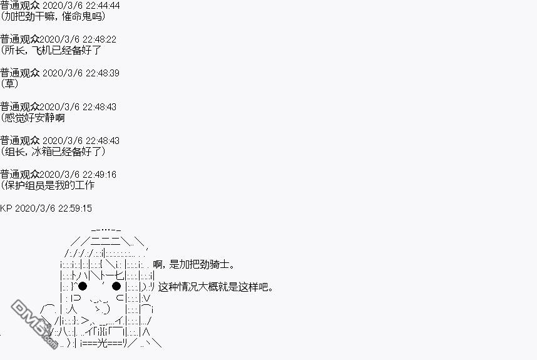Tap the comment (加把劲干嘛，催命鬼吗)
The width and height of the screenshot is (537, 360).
pyautogui.click(x=53, y=16)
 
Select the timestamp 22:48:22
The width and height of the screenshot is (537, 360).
pyautogui.click(x=100, y=39)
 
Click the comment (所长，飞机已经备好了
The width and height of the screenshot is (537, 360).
pyautogui.click(x=51, y=50)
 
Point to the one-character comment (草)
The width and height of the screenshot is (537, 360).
pyautogui.click(x=9, y=84)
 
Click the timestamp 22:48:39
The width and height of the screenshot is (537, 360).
pyautogui.click(x=103, y=73)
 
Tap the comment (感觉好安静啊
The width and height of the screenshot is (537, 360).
pyautogui.click(x=33, y=118)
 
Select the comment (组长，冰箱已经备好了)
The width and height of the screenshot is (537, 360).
pyautogui.click(x=53, y=152)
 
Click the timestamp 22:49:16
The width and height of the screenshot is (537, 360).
pyautogui.click(x=100, y=175)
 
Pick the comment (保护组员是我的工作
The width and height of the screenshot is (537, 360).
pyautogui.click(x=48, y=185)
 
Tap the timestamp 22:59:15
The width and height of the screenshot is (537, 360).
pyautogui.click(x=75, y=208)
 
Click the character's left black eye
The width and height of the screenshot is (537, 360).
pyautogui.click(x=83, y=286)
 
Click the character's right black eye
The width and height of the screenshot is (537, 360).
pyautogui.click(x=116, y=286)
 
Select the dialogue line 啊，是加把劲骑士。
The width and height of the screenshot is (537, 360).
pyautogui.click(x=194, y=264)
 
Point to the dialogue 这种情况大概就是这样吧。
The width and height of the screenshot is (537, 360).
pyautogui.click(x=216, y=287)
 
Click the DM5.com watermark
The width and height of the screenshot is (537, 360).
pyautogui.click(x=34, y=324)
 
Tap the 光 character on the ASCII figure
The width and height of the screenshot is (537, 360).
pyautogui.click(x=103, y=343)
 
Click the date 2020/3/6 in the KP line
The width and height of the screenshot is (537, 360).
pyautogui.click(x=35, y=208)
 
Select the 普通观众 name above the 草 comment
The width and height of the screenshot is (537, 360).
pyautogui.click(x=20, y=73)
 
